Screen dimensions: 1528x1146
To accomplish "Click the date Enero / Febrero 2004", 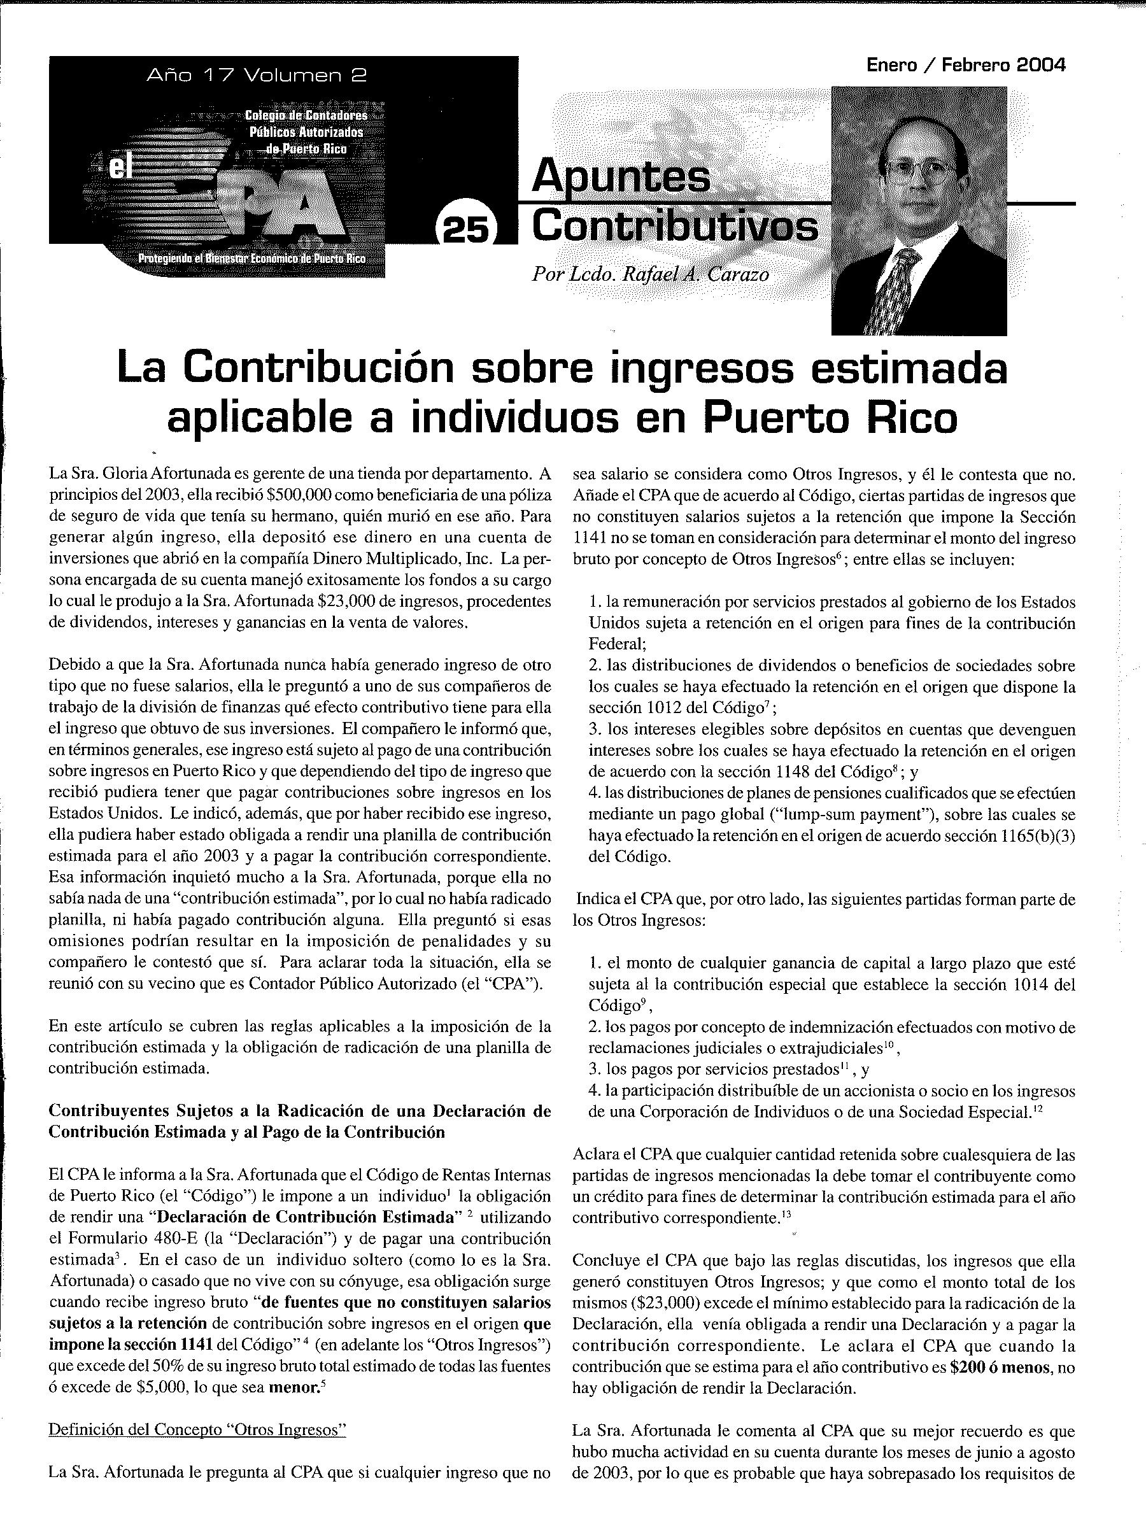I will [966, 66].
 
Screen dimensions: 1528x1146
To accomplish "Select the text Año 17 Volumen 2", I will [257, 75].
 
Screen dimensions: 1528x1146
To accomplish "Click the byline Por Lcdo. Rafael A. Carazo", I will [650, 274].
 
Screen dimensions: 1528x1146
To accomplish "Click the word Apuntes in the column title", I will [620, 177].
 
